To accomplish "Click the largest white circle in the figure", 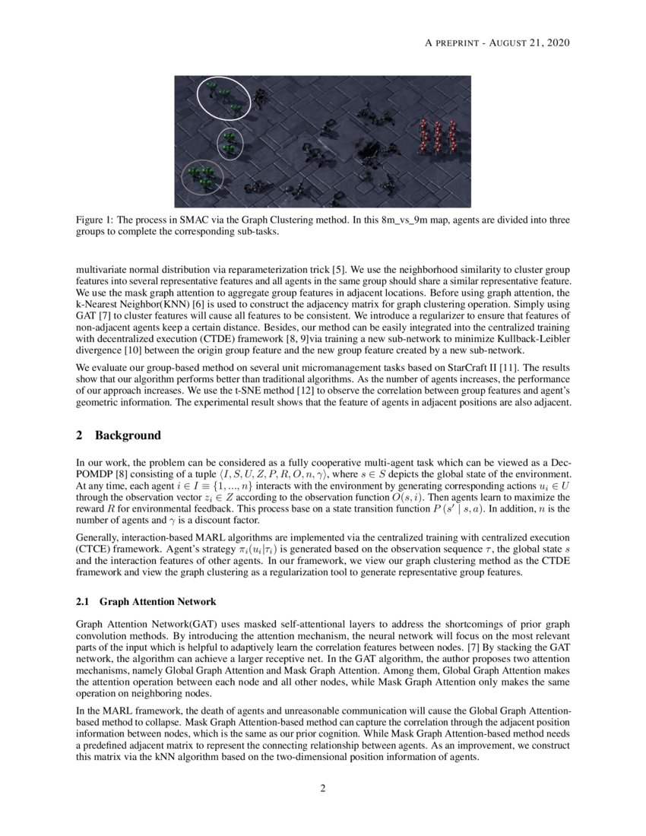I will point(223,101).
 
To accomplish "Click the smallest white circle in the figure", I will point(230,143).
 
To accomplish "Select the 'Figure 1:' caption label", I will point(98,220).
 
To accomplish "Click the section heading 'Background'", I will point(128,435).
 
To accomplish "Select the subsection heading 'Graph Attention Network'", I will point(157,602).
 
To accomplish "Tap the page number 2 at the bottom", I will point(323,788).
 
